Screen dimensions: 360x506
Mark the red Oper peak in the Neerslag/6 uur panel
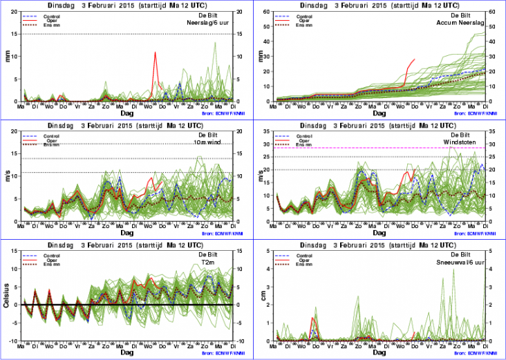[155, 53]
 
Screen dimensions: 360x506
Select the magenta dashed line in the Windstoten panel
[380, 148]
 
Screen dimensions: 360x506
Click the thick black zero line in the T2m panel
[124, 305]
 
